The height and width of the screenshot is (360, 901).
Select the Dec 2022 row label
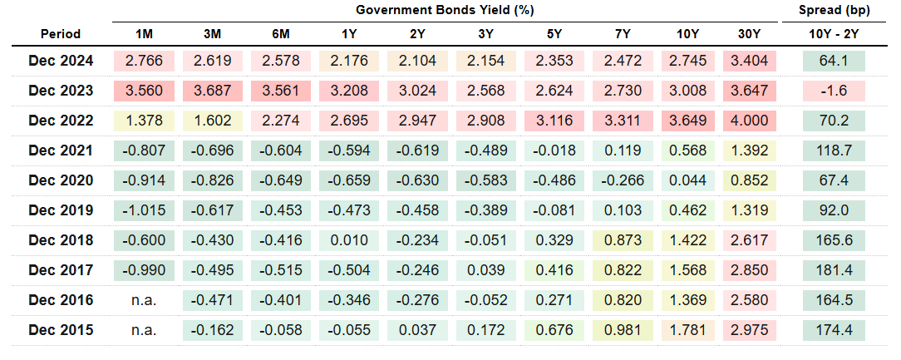pyautogui.click(x=61, y=121)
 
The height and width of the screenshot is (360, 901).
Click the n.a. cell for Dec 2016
pyautogui.click(x=144, y=300)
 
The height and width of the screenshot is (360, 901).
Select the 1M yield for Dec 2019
pyautogui.click(x=144, y=210)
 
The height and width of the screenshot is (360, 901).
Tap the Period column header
pyautogui.click(x=61, y=34)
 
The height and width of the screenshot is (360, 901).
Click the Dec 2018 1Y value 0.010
pyautogui.click(x=348, y=240)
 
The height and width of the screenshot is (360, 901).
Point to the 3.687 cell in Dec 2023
pyautogui.click(x=212, y=91)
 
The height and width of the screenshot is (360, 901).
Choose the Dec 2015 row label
pyautogui.click(x=61, y=330)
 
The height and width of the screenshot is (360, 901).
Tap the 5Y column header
pyautogui.click(x=554, y=34)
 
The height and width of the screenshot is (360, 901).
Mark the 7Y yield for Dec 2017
pyautogui.click(x=623, y=270)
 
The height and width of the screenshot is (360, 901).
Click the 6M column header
pyautogui.click(x=280, y=34)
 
